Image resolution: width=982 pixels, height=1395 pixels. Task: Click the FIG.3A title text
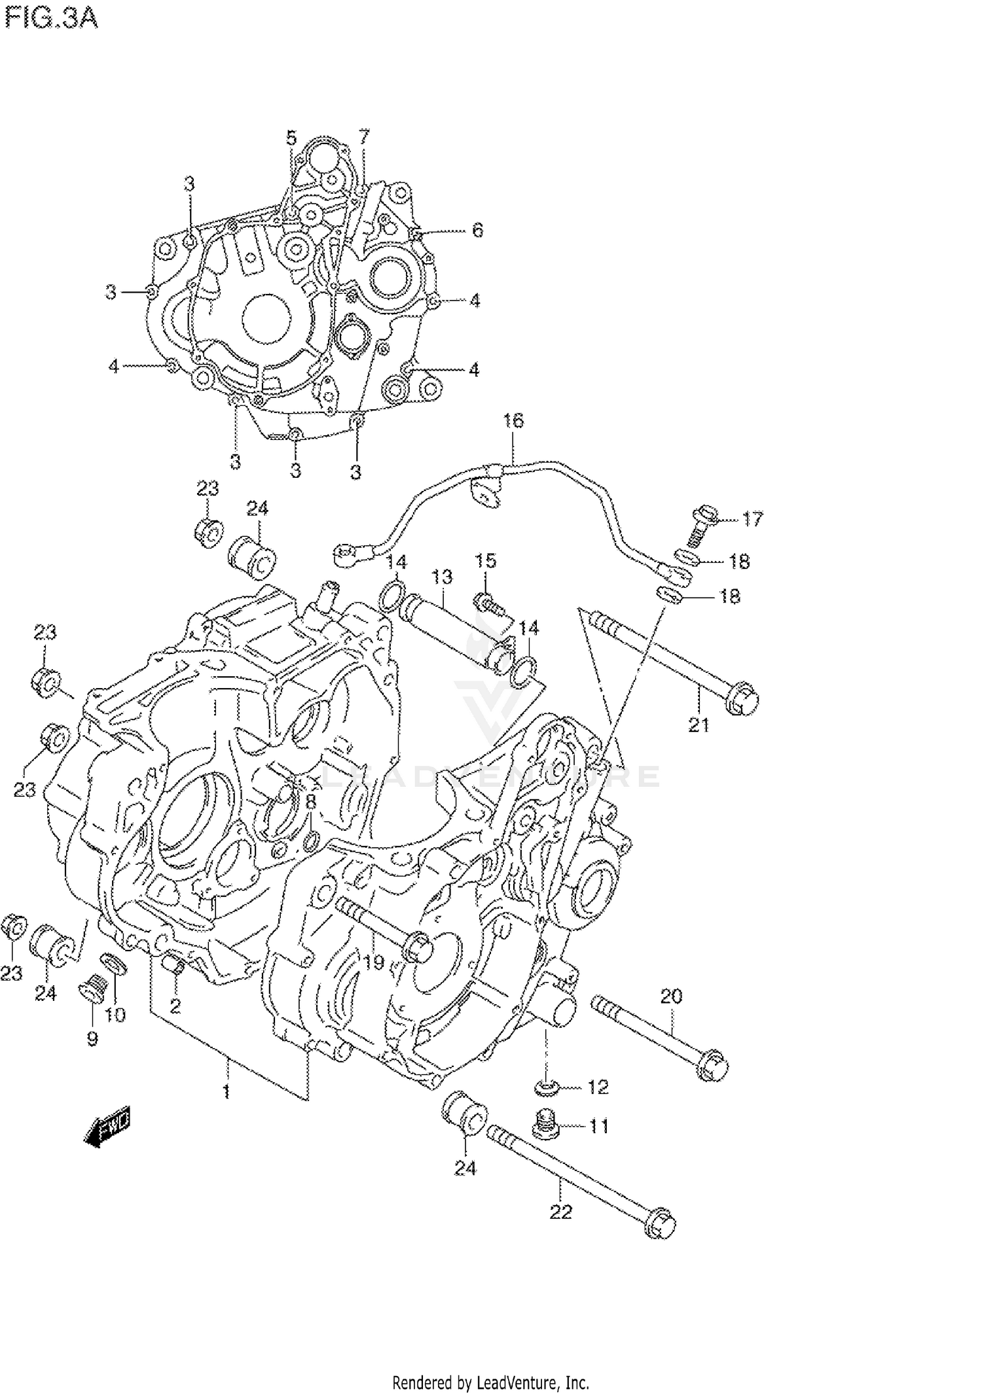coord(50,18)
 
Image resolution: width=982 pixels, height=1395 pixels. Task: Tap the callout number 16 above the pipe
coord(513,420)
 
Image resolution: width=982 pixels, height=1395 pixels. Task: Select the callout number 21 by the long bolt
coord(699,725)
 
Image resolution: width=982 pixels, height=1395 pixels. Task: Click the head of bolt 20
coord(712,1065)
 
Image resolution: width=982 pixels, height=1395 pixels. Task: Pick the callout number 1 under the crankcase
coord(226,1091)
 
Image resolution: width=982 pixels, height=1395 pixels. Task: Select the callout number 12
coord(598,1087)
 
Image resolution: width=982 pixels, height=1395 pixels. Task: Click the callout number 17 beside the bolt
coord(752,519)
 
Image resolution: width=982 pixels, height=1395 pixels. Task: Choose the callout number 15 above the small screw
coord(485,560)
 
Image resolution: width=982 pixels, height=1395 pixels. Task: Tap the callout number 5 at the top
coord(291,137)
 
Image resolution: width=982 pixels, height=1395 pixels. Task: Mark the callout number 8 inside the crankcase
coord(310,801)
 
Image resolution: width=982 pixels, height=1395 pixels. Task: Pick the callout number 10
coord(115,1014)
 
